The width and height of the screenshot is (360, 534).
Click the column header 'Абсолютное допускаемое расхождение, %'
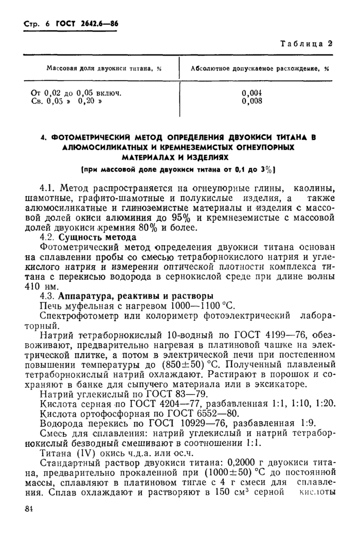point(259,68)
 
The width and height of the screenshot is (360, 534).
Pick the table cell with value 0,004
point(252,93)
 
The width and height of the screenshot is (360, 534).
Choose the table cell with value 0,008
point(252,101)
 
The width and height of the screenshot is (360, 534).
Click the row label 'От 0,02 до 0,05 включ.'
point(77,93)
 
